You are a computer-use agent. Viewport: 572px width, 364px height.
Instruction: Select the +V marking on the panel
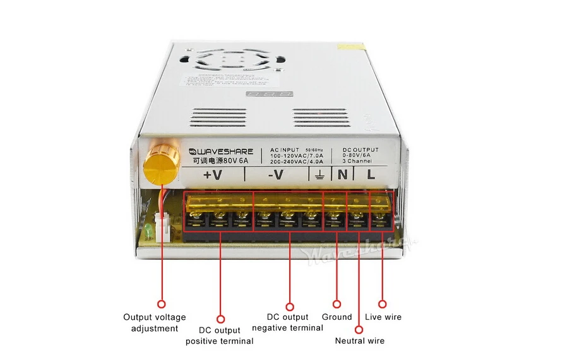[x=213, y=175]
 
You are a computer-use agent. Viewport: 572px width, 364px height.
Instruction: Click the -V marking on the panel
[x=276, y=175]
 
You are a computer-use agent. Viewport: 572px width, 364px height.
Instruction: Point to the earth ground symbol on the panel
[x=321, y=175]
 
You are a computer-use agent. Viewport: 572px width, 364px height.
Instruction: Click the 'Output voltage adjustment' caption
[x=155, y=322]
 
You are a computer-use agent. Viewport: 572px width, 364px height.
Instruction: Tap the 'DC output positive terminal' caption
[x=219, y=336]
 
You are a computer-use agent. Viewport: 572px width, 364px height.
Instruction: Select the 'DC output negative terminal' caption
[x=287, y=322]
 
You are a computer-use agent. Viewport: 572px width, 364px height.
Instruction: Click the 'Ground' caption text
[x=337, y=317]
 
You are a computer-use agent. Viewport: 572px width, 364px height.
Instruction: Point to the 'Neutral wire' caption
[x=359, y=341]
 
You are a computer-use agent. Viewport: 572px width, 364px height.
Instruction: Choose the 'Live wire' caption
[x=383, y=317]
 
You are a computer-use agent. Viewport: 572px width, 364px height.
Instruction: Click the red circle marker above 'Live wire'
[x=382, y=304]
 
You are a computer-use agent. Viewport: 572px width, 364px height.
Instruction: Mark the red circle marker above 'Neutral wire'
[x=359, y=328]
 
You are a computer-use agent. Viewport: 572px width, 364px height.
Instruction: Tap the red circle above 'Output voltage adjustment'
[x=161, y=304]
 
